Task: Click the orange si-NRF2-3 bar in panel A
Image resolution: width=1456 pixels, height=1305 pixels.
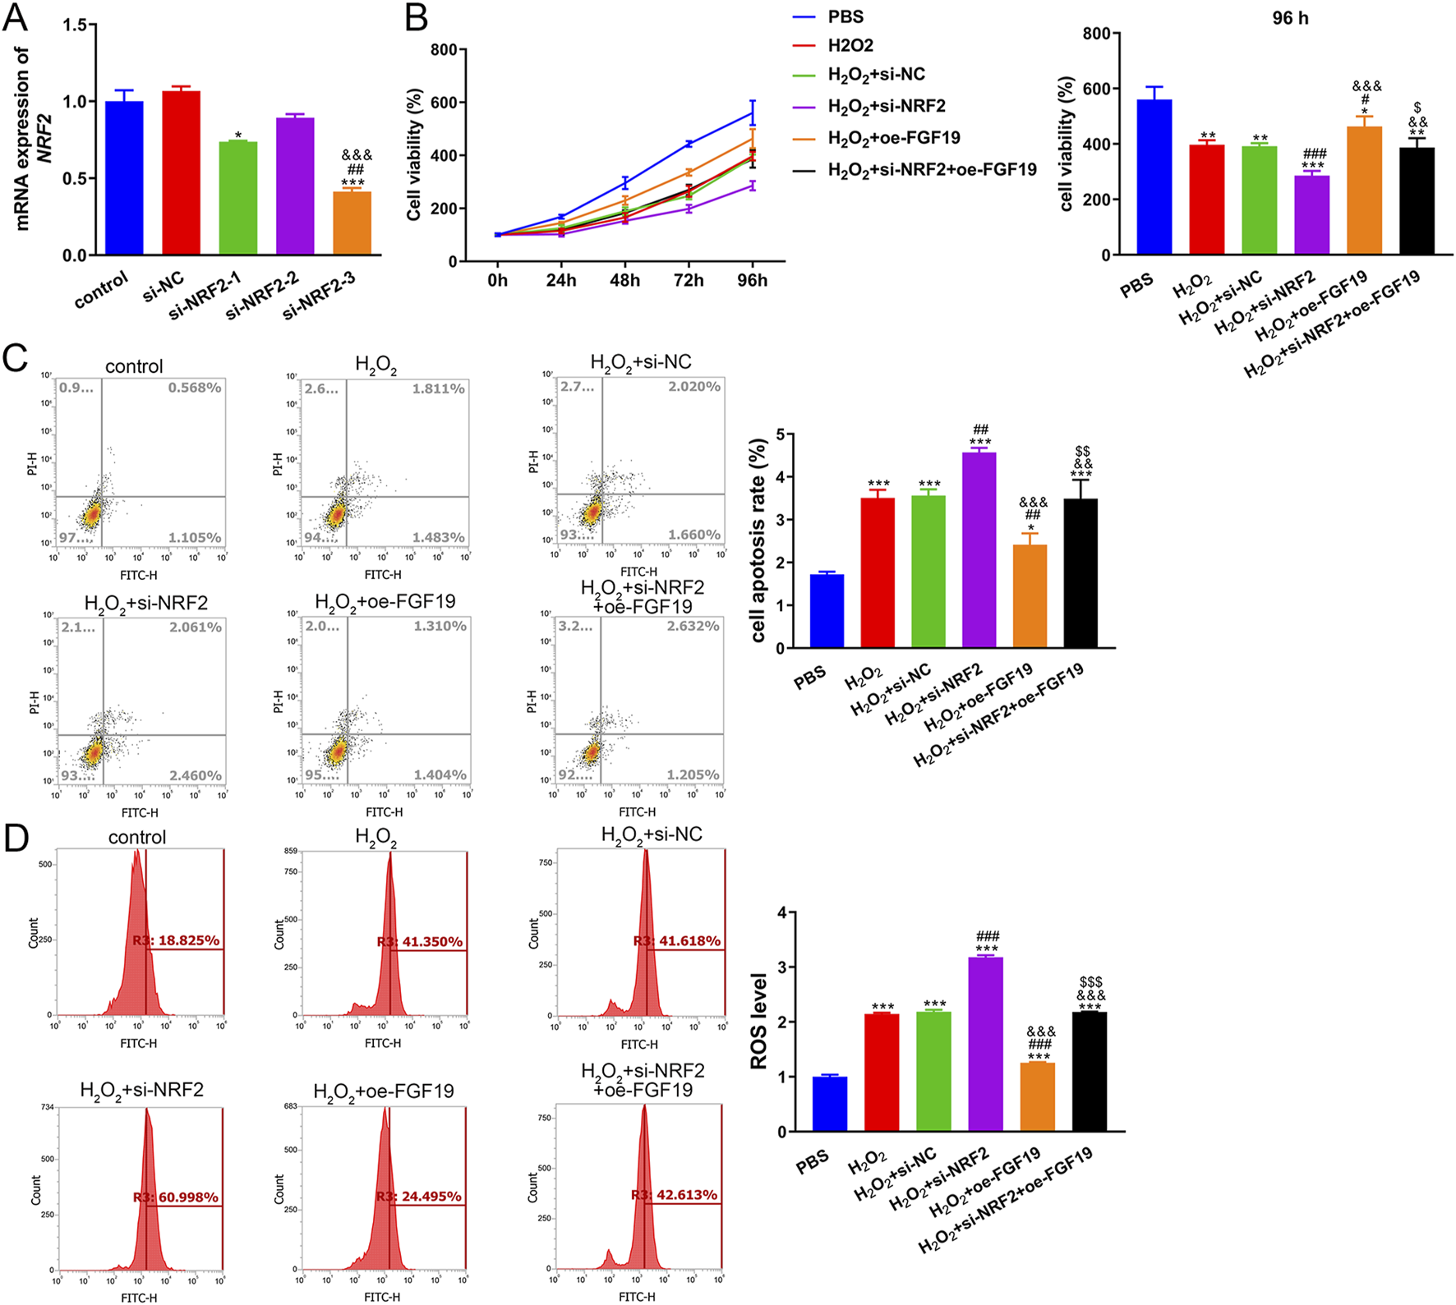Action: pos(352,223)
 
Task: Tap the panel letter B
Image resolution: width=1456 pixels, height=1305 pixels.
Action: pos(417,17)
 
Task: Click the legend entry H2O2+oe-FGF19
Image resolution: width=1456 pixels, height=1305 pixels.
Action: pos(893,138)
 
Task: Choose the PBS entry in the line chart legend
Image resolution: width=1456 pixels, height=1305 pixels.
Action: pos(845,17)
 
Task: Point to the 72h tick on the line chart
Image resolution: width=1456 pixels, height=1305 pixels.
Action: pos(688,281)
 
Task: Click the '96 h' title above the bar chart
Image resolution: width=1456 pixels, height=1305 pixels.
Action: pos(1290,18)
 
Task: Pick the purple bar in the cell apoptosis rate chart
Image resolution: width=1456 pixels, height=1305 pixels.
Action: pos(979,550)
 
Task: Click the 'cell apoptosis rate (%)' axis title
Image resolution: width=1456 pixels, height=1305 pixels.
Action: pos(758,540)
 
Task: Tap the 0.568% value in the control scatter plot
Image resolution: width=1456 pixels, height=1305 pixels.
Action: pos(195,388)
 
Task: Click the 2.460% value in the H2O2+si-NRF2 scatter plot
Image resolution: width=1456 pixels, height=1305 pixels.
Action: pos(195,775)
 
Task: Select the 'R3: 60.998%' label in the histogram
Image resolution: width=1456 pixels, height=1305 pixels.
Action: pos(176,1197)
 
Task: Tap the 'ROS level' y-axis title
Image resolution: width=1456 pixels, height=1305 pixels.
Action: pos(758,1021)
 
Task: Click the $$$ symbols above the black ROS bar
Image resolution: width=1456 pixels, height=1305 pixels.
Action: pos(1090,982)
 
